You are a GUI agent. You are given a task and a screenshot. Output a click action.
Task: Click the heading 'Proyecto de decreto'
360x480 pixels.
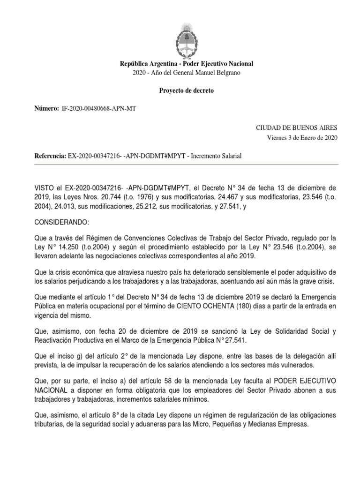[x=186, y=90]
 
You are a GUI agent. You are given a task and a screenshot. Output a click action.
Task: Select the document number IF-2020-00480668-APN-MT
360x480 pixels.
[x=99, y=109]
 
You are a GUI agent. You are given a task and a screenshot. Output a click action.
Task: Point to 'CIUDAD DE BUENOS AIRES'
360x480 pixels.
[x=296, y=127]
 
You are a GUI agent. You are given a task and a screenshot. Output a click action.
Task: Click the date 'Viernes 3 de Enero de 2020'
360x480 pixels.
[x=302, y=137]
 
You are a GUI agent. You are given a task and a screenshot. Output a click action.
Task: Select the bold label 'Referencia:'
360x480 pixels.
[x=50, y=155]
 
